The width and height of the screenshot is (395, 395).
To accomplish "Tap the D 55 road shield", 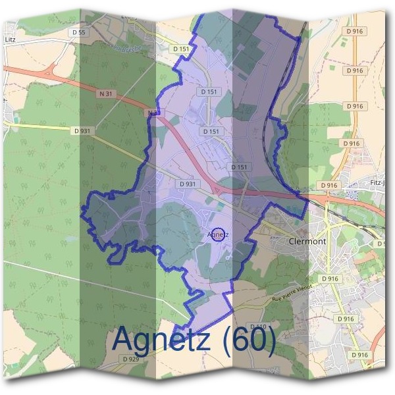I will coord(79,32).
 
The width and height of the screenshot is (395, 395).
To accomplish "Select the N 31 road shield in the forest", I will coord(105,94).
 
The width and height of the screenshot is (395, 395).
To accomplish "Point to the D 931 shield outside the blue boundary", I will coord(82,131).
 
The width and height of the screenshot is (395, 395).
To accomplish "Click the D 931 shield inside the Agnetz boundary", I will coord(188,184).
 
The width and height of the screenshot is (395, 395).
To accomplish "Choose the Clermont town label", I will coord(307,242).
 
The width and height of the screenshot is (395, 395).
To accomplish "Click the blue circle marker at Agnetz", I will coord(220,234).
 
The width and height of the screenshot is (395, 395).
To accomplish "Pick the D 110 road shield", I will coord(258,327).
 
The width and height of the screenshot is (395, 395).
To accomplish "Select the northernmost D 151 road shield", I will coord(181,49).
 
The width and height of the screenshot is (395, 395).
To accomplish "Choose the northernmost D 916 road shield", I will coord(354,31).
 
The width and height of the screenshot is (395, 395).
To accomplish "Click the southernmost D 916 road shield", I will coord(359,355).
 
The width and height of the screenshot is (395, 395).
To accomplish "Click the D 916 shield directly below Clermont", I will coord(330,279).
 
